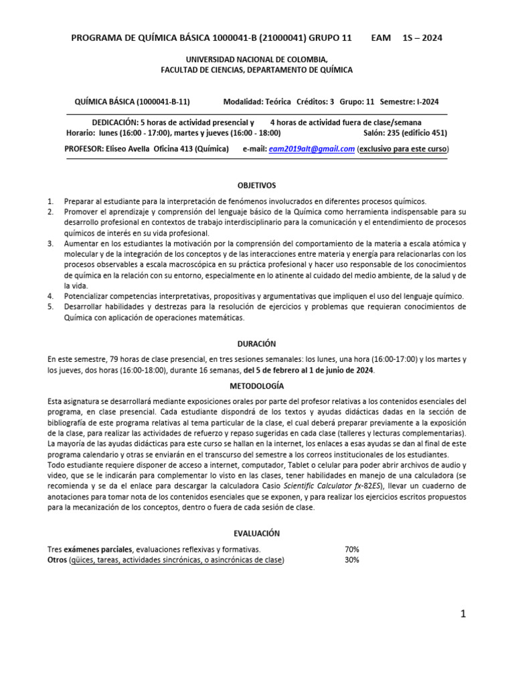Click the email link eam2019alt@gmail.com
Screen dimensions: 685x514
click(311, 149)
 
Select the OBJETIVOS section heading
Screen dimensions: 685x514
click(257, 185)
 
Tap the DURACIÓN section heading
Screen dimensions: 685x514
click(257, 343)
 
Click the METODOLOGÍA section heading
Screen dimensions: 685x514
click(257, 386)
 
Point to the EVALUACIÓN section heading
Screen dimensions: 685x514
click(257, 533)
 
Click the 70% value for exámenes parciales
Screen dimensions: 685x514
click(351, 549)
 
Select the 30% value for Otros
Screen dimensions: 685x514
click(351, 560)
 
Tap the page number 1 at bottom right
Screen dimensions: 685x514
click(462, 615)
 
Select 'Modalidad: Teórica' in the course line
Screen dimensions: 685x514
click(257, 102)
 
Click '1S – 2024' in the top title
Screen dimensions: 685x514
click(422, 38)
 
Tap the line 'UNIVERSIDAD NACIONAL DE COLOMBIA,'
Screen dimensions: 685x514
click(257, 60)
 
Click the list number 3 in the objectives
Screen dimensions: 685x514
click(50, 243)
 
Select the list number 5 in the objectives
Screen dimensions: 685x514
click(50, 306)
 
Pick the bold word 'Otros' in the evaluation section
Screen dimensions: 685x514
click(57, 560)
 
